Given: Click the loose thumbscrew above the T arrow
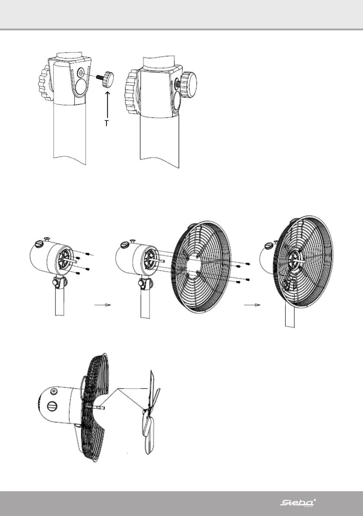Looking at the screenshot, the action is (109, 80).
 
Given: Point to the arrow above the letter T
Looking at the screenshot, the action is (106, 104).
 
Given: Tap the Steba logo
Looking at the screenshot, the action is (298, 503).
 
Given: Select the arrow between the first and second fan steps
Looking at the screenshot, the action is (103, 305).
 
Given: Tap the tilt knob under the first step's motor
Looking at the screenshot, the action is (57, 284).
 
